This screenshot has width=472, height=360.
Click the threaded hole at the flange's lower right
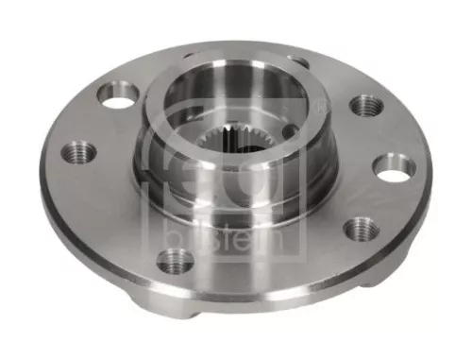click(x=359, y=229)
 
